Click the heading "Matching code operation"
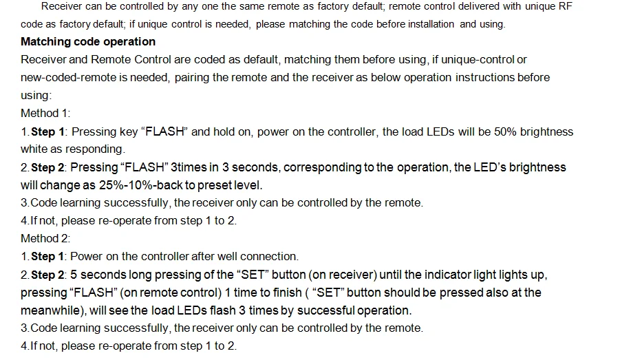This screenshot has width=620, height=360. point(88,42)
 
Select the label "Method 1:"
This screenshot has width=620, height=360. point(45,114)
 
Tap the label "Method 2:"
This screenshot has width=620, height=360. point(45,239)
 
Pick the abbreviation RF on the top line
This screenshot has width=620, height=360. point(564,6)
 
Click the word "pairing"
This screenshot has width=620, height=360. point(192,78)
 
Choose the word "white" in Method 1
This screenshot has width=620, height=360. point(34,149)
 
